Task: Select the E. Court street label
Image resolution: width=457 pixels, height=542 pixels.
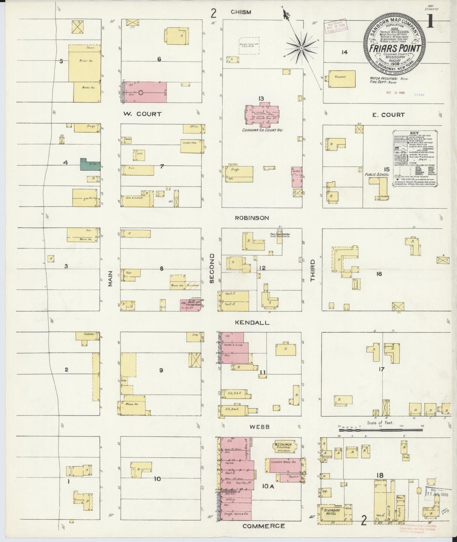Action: (x=388, y=115)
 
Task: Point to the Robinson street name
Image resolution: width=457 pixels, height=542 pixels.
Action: (x=252, y=218)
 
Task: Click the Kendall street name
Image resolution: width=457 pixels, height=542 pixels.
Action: (x=252, y=323)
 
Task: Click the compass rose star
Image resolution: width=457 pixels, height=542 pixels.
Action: (x=301, y=48)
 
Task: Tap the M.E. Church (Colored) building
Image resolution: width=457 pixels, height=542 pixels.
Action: (x=284, y=447)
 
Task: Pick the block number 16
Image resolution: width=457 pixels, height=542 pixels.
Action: (x=379, y=274)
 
